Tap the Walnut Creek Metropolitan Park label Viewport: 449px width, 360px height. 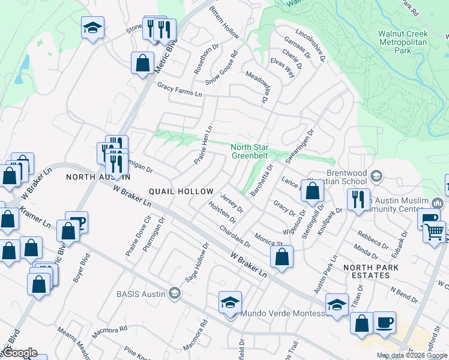[403, 43]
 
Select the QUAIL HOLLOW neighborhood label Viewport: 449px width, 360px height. [181, 191]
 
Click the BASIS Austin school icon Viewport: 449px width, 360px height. [175, 293]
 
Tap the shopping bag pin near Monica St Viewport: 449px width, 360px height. [282, 257]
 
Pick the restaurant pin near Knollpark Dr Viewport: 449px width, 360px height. [358, 200]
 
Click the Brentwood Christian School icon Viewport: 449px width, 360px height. [376, 176]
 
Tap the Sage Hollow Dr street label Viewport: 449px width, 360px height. [197, 262]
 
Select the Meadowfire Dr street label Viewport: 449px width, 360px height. [256, 87]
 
